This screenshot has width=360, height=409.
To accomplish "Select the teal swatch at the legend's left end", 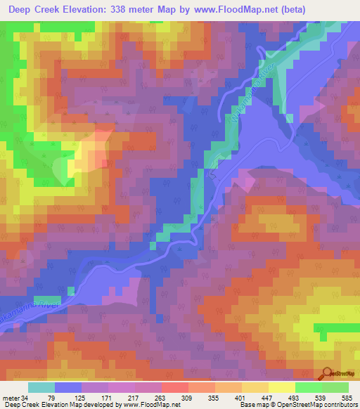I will coord(41,387).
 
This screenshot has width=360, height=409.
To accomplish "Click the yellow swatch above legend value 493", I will coord(281,387).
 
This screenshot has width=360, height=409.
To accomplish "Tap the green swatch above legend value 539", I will coord(308,387).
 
